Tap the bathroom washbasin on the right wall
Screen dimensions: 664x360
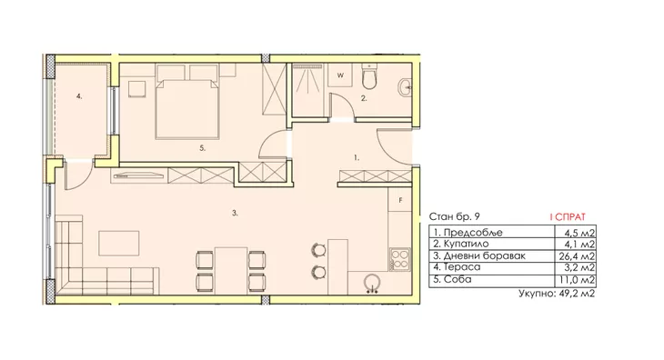tap(405, 87)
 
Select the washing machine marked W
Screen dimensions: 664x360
tap(340, 75)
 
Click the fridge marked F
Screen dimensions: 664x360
tap(399, 200)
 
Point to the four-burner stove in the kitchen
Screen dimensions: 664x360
tap(399, 259)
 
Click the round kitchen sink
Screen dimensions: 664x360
tap(372, 283)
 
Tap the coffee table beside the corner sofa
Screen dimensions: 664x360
tap(119, 244)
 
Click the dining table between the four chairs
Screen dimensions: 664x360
tap(231, 271)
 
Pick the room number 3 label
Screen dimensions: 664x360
tap(235, 214)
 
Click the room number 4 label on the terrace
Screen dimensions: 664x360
tap(79, 96)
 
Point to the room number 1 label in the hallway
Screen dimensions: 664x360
tap(357, 158)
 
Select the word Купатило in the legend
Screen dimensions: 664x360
tap(467, 244)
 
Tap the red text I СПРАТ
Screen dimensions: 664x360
tap(568, 217)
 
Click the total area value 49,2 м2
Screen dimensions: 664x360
tap(577, 293)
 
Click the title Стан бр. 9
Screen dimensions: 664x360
tap(455, 216)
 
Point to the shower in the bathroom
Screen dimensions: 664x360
tap(308, 90)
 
